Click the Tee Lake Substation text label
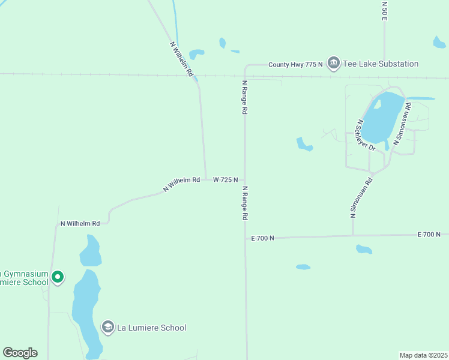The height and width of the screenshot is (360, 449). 381,64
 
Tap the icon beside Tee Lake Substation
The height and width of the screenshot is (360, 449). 333,64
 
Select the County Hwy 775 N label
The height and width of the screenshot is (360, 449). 295,64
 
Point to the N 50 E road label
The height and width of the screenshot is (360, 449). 384,11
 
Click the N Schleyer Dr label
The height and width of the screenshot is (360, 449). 365,134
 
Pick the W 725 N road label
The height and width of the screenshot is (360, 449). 226,179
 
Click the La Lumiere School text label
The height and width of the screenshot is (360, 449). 151,328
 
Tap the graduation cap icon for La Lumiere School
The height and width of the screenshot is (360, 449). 108,328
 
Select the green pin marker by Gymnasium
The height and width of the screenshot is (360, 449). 58,277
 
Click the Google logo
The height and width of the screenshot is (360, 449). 20,353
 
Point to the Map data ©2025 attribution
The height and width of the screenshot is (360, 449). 423,355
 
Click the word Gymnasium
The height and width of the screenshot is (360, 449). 22,272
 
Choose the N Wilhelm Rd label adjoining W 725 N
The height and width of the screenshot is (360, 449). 181,185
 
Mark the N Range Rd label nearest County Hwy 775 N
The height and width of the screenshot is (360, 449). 244,97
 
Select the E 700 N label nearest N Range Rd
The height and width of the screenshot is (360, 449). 262,238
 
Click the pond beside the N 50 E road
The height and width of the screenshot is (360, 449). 439,42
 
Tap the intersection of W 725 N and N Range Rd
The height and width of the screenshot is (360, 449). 245,179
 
